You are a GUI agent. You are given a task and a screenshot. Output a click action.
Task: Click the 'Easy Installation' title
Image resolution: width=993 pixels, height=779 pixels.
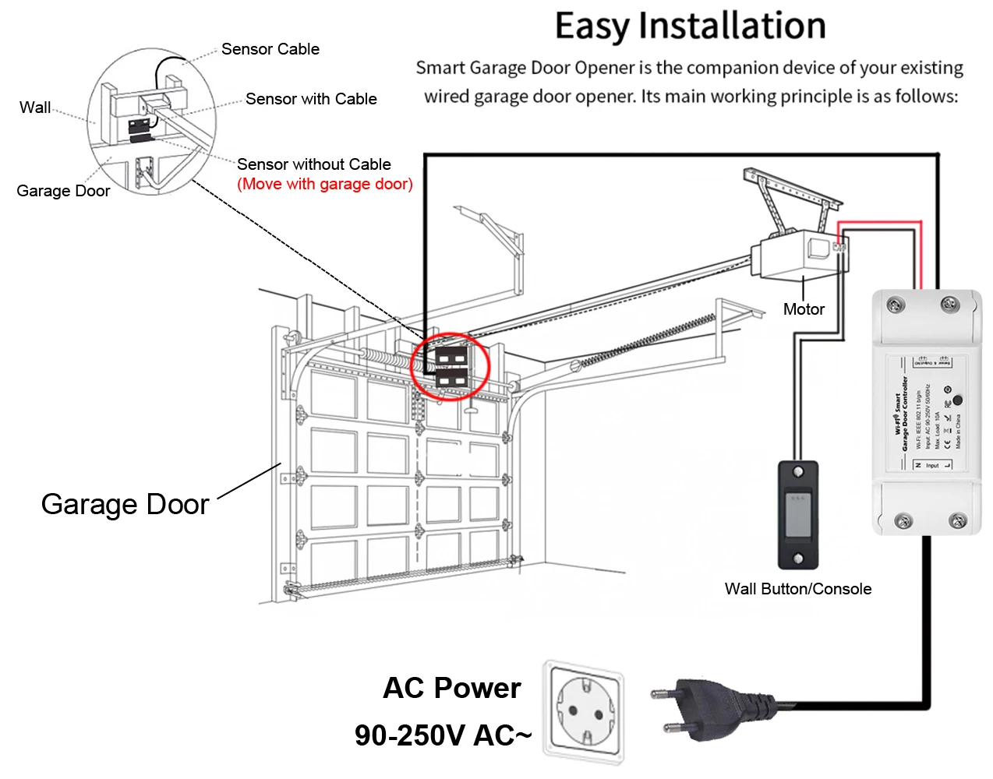click(690, 26)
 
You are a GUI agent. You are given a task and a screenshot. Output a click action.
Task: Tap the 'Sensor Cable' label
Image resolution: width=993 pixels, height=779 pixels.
click(270, 49)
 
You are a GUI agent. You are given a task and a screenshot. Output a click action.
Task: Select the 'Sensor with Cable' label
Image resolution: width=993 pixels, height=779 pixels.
click(311, 99)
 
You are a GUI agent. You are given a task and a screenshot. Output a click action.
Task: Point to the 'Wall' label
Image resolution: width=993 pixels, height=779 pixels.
click(35, 108)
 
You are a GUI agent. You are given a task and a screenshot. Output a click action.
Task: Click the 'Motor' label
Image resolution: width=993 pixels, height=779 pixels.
click(804, 309)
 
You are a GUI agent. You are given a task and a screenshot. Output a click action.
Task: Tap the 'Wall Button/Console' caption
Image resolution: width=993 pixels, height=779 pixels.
click(797, 589)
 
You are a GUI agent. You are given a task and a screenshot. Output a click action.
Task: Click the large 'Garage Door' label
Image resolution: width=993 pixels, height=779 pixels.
click(125, 504)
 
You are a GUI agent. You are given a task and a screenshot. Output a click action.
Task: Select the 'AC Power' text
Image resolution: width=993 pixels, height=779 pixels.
click(452, 688)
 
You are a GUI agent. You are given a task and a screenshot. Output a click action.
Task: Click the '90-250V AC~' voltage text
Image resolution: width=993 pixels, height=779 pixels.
click(443, 735)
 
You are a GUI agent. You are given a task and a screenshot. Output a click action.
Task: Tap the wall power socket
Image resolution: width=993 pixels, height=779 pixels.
click(585, 712)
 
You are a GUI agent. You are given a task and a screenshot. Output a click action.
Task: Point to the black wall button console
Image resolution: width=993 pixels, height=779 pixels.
click(798, 514)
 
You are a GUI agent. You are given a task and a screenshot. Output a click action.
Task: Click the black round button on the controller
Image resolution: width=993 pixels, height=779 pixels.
click(957, 400)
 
